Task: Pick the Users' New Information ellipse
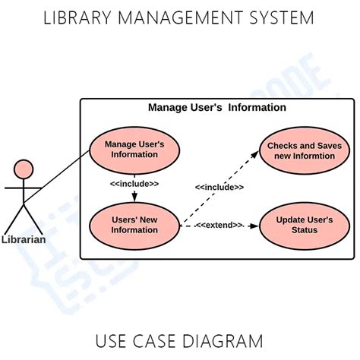[134, 226]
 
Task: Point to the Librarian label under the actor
[24, 239]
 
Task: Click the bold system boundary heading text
[217, 108]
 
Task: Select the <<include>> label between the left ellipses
[134, 184]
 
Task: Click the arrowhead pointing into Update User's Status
[254, 226]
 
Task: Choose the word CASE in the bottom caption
[159, 340]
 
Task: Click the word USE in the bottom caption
[113, 340]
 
